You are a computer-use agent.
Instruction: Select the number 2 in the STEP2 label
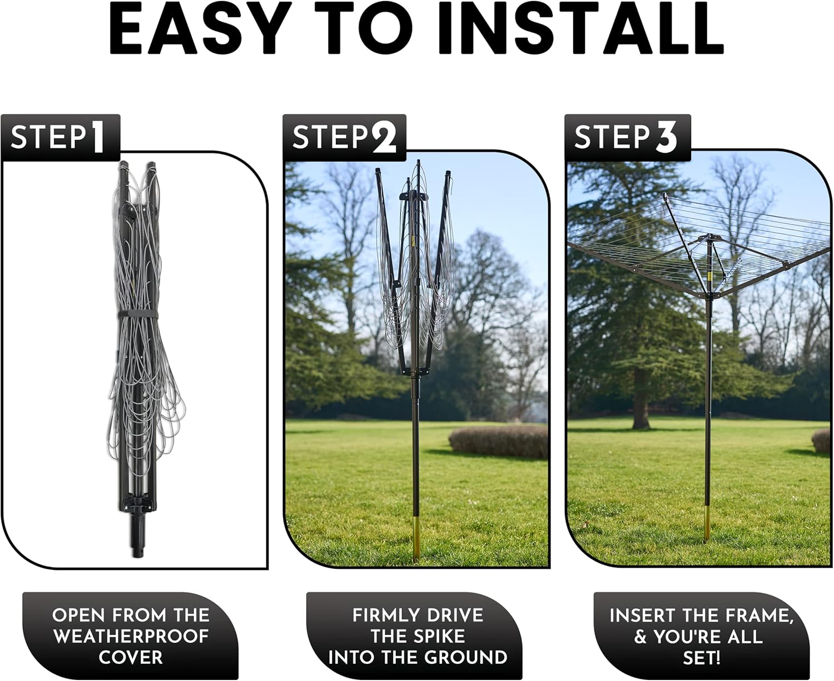384,138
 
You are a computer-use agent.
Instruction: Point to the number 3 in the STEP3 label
666,138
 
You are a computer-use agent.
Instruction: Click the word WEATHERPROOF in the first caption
131,637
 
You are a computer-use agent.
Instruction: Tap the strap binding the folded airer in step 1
137,315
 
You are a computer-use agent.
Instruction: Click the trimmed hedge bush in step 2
498,442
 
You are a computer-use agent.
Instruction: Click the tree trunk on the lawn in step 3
641,403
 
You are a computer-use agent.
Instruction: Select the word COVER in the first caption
131,658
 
